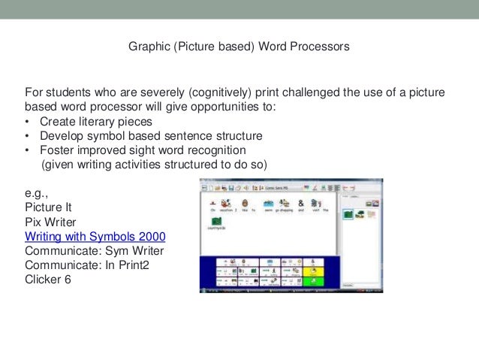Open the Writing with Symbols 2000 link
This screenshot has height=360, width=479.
point(95,236)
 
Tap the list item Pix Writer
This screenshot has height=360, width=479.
point(50,222)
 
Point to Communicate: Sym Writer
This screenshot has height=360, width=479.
point(95,250)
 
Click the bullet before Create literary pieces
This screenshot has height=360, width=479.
point(28,122)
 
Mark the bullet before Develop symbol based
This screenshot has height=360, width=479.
point(28,136)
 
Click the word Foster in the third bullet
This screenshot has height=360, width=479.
point(58,150)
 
